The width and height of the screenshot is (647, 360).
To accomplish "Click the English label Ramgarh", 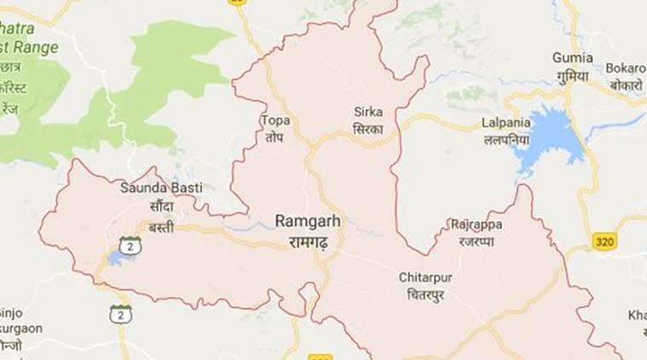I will pos(308,221).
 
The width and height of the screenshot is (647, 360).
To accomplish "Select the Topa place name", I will pos(275,120).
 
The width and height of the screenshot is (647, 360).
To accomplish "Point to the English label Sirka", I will pos(368,112).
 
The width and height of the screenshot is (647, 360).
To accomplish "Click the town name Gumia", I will pos(572,57).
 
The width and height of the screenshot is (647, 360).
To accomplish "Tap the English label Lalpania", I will pos(506,122).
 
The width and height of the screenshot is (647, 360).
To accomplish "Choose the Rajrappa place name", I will pos(476,224).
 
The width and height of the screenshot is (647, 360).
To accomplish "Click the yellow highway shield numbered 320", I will pos(605,241).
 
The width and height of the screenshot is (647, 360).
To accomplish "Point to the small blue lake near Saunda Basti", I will pos(115,257).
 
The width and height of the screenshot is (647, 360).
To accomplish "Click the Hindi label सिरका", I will pos(368,128).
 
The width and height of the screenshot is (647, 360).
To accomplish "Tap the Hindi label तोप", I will pos(275,136).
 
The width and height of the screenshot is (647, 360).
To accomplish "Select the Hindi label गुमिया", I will pos(572,74).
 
